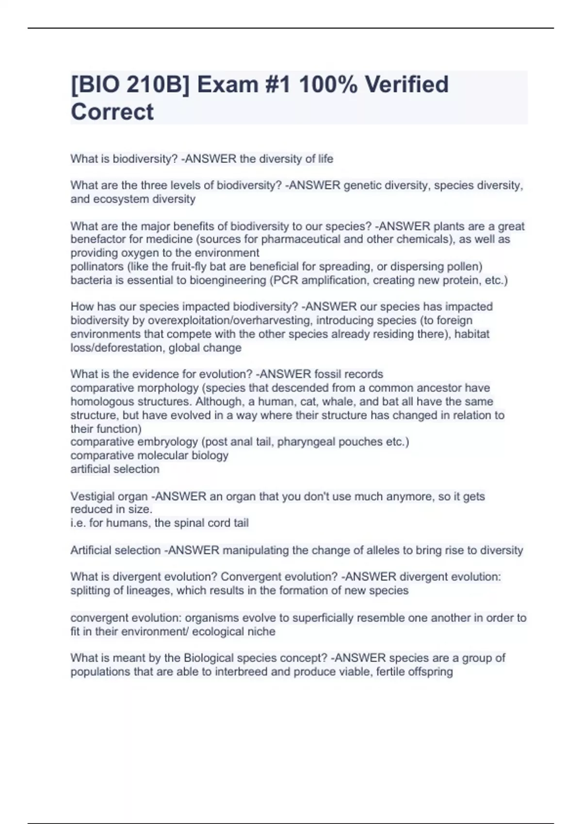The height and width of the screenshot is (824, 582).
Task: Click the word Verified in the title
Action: coord(406,85)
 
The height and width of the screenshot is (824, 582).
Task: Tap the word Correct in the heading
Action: coord(112,112)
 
